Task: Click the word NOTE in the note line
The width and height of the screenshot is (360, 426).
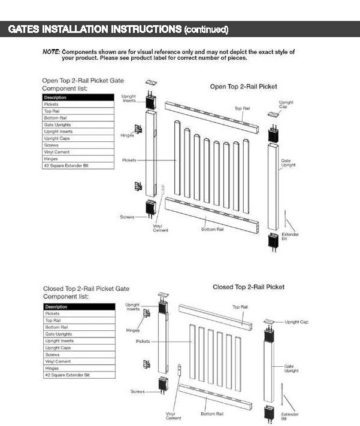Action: coord(51,52)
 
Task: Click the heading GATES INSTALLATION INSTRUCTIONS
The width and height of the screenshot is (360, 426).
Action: coord(95,29)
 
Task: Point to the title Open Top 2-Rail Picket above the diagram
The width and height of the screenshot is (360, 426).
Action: coord(243,87)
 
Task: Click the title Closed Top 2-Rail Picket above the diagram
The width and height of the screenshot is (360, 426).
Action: coord(249,287)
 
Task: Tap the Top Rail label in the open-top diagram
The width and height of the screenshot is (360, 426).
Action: coord(242,108)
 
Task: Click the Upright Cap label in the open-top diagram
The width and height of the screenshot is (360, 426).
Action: coord(286,104)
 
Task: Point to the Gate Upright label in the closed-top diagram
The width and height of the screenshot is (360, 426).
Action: coord(291,369)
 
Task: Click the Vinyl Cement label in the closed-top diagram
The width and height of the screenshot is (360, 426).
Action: coord(174,416)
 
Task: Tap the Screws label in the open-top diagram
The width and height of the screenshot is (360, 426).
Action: coord(127,217)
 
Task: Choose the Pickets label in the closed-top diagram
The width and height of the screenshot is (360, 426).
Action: coord(143,341)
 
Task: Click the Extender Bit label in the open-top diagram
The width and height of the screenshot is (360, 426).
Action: coord(290,236)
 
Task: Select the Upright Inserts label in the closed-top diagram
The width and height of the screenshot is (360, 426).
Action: coord(132,307)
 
